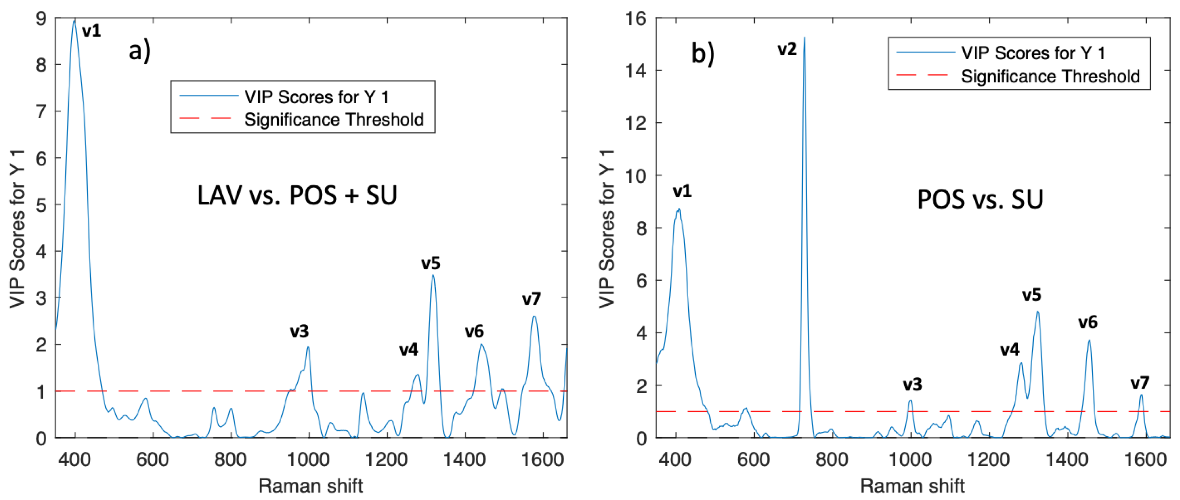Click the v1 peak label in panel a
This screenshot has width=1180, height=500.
coord(91,31)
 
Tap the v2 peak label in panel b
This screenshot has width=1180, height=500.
coord(787,49)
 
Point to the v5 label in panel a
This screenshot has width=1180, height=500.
coord(431,263)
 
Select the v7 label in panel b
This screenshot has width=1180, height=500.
coord(1140,383)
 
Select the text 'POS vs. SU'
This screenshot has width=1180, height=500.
coord(980,199)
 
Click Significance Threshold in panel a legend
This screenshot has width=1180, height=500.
coord(334,120)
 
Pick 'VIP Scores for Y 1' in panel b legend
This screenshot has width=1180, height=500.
coord(1033,53)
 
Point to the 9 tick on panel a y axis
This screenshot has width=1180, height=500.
coord(41,19)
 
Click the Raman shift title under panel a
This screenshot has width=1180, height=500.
coord(310,486)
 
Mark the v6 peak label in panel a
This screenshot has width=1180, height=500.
coord(474,331)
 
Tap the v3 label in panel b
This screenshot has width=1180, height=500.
coord(913,385)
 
